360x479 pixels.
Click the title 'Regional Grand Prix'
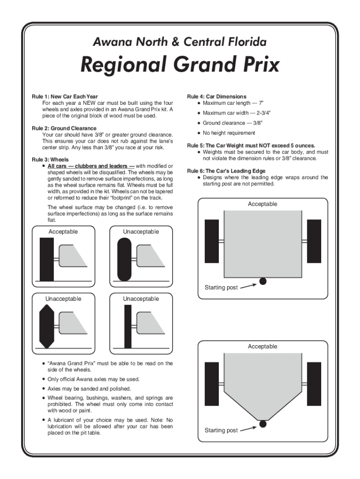pyautogui.click(x=180, y=65)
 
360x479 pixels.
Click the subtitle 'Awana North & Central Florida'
pyautogui.click(x=180, y=43)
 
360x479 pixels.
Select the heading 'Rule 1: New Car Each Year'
pyautogui.click(x=65, y=97)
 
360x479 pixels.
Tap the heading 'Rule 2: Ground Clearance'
pyautogui.click(x=64, y=128)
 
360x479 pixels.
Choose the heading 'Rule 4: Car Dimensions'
pyautogui.click(x=216, y=97)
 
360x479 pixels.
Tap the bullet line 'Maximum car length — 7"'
pyautogui.click(x=236, y=103)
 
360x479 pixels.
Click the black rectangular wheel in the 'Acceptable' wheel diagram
pyautogui.click(x=47, y=259)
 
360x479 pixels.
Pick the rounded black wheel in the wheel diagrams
pyautogui.click(x=124, y=259)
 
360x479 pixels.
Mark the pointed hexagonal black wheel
pyautogui.click(x=47, y=326)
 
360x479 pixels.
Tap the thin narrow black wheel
pyautogui.click(x=128, y=327)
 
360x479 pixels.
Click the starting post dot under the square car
pyautogui.click(x=263, y=281)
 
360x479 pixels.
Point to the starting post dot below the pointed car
pyautogui.click(x=263, y=424)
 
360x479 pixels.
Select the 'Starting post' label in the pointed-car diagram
pyautogui.click(x=221, y=430)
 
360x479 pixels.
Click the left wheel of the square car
pyautogui.click(x=212, y=241)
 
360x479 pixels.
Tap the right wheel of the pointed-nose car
pyautogui.click(x=314, y=384)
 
